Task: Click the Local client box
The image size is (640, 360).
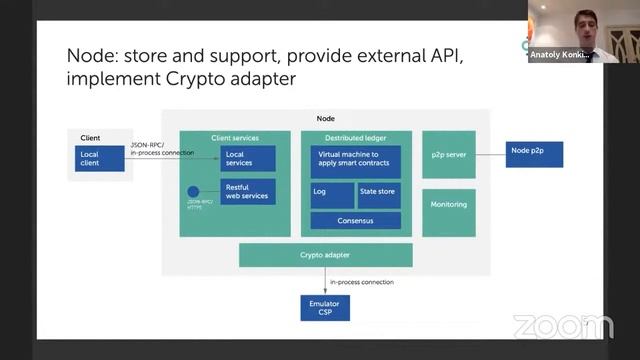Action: (100, 158)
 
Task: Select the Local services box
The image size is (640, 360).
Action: (247, 158)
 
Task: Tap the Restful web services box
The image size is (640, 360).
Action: (247, 191)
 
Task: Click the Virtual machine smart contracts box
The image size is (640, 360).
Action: (355, 161)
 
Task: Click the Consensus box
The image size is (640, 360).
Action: (355, 220)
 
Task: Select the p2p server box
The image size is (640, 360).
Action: (448, 153)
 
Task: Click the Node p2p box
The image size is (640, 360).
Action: (534, 154)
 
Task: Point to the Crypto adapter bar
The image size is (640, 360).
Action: (325, 255)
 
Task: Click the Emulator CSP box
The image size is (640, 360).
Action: (325, 307)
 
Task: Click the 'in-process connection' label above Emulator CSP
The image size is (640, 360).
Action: (361, 282)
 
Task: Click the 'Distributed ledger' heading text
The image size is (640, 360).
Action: (355, 137)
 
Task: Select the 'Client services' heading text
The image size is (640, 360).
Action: (235, 137)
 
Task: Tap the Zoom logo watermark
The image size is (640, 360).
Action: (562, 327)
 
